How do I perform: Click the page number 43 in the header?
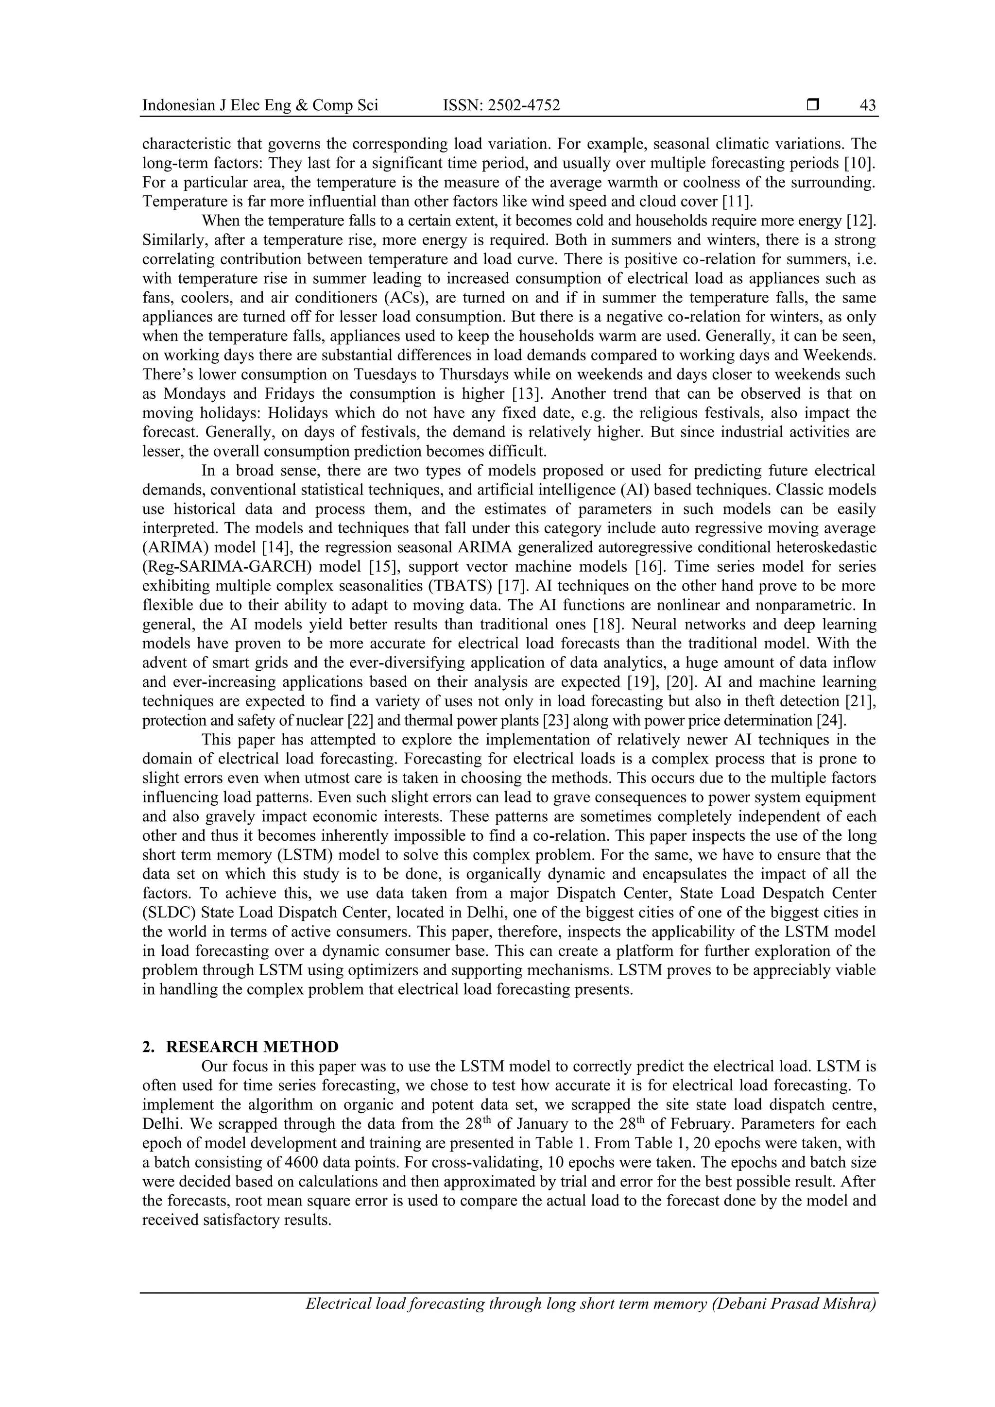[x=868, y=105]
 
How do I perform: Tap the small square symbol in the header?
[x=813, y=105]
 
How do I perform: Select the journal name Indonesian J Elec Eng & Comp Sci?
[x=260, y=105]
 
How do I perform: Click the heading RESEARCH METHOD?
[x=252, y=1047]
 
